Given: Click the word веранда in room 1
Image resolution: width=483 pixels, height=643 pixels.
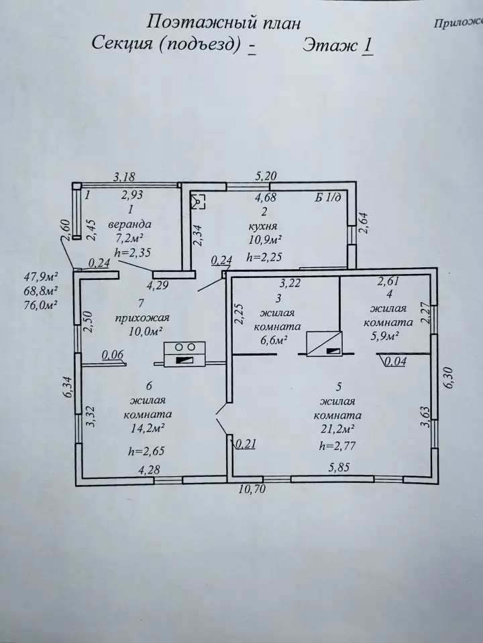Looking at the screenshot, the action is pyautogui.click(x=129, y=224).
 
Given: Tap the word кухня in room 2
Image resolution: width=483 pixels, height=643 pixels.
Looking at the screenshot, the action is pyautogui.click(x=263, y=226).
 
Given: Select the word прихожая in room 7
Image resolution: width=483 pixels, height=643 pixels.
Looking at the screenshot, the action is pyautogui.click(x=142, y=317).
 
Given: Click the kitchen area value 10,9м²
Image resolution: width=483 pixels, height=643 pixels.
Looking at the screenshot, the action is pyautogui.click(x=264, y=239).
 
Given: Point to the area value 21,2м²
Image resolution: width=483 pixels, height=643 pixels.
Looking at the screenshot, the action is pyautogui.click(x=337, y=429).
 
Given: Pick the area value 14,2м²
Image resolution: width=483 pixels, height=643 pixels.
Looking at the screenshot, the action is pyautogui.click(x=148, y=429).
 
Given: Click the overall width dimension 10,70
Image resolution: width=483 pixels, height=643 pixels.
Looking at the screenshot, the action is pyautogui.click(x=253, y=489).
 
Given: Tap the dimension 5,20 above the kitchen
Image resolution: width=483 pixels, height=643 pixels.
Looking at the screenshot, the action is pyautogui.click(x=266, y=176).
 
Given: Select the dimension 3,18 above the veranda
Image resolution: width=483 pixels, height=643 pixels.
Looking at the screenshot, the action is pyautogui.click(x=123, y=177).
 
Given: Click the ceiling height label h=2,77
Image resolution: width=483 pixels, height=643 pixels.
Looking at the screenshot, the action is pyautogui.click(x=337, y=446).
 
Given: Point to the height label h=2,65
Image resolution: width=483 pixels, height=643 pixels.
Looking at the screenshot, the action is pyautogui.click(x=146, y=451).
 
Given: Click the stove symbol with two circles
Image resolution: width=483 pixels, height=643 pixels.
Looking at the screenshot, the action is pyautogui.click(x=185, y=354).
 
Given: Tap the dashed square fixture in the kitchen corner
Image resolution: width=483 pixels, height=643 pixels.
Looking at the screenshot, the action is pyautogui.click(x=199, y=202).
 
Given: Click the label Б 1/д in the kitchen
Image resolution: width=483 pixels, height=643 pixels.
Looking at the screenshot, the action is pyautogui.click(x=328, y=198).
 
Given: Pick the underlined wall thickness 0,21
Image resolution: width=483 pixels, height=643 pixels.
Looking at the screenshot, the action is pyautogui.click(x=246, y=443).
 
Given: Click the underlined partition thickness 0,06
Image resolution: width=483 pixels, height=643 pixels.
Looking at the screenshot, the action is pyautogui.click(x=113, y=354).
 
